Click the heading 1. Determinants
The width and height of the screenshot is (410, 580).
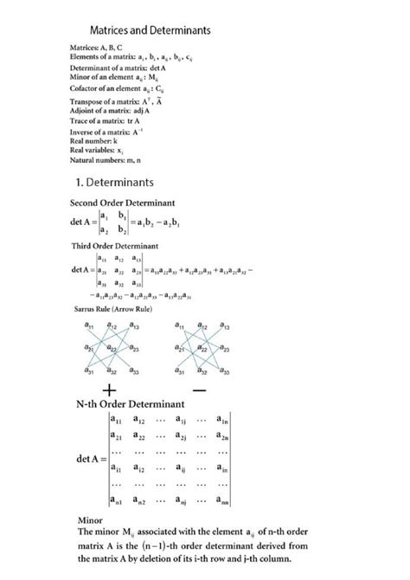click(114, 183)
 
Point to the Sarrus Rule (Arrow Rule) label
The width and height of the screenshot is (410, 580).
click(108, 309)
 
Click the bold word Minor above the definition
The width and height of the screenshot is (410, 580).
click(91, 520)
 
